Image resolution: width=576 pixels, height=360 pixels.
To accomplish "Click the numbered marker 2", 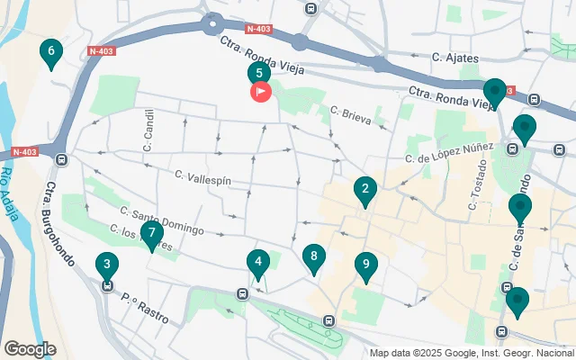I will [364, 189].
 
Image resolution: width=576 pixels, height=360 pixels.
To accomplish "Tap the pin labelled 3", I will [107, 265].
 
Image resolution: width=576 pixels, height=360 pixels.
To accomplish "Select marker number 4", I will [258, 264].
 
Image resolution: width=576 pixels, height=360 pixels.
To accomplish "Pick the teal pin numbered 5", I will [259, 74].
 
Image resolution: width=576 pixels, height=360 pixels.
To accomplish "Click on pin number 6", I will [51, 52].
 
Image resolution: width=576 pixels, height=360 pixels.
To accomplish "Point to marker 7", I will [150, 226].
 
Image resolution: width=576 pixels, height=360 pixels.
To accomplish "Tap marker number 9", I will [365, 265].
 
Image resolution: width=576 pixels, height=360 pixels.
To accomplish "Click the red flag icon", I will [259, 91].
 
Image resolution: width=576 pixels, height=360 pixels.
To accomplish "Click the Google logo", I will [30, 348].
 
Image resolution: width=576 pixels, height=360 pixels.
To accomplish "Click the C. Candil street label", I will [148, 130].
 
